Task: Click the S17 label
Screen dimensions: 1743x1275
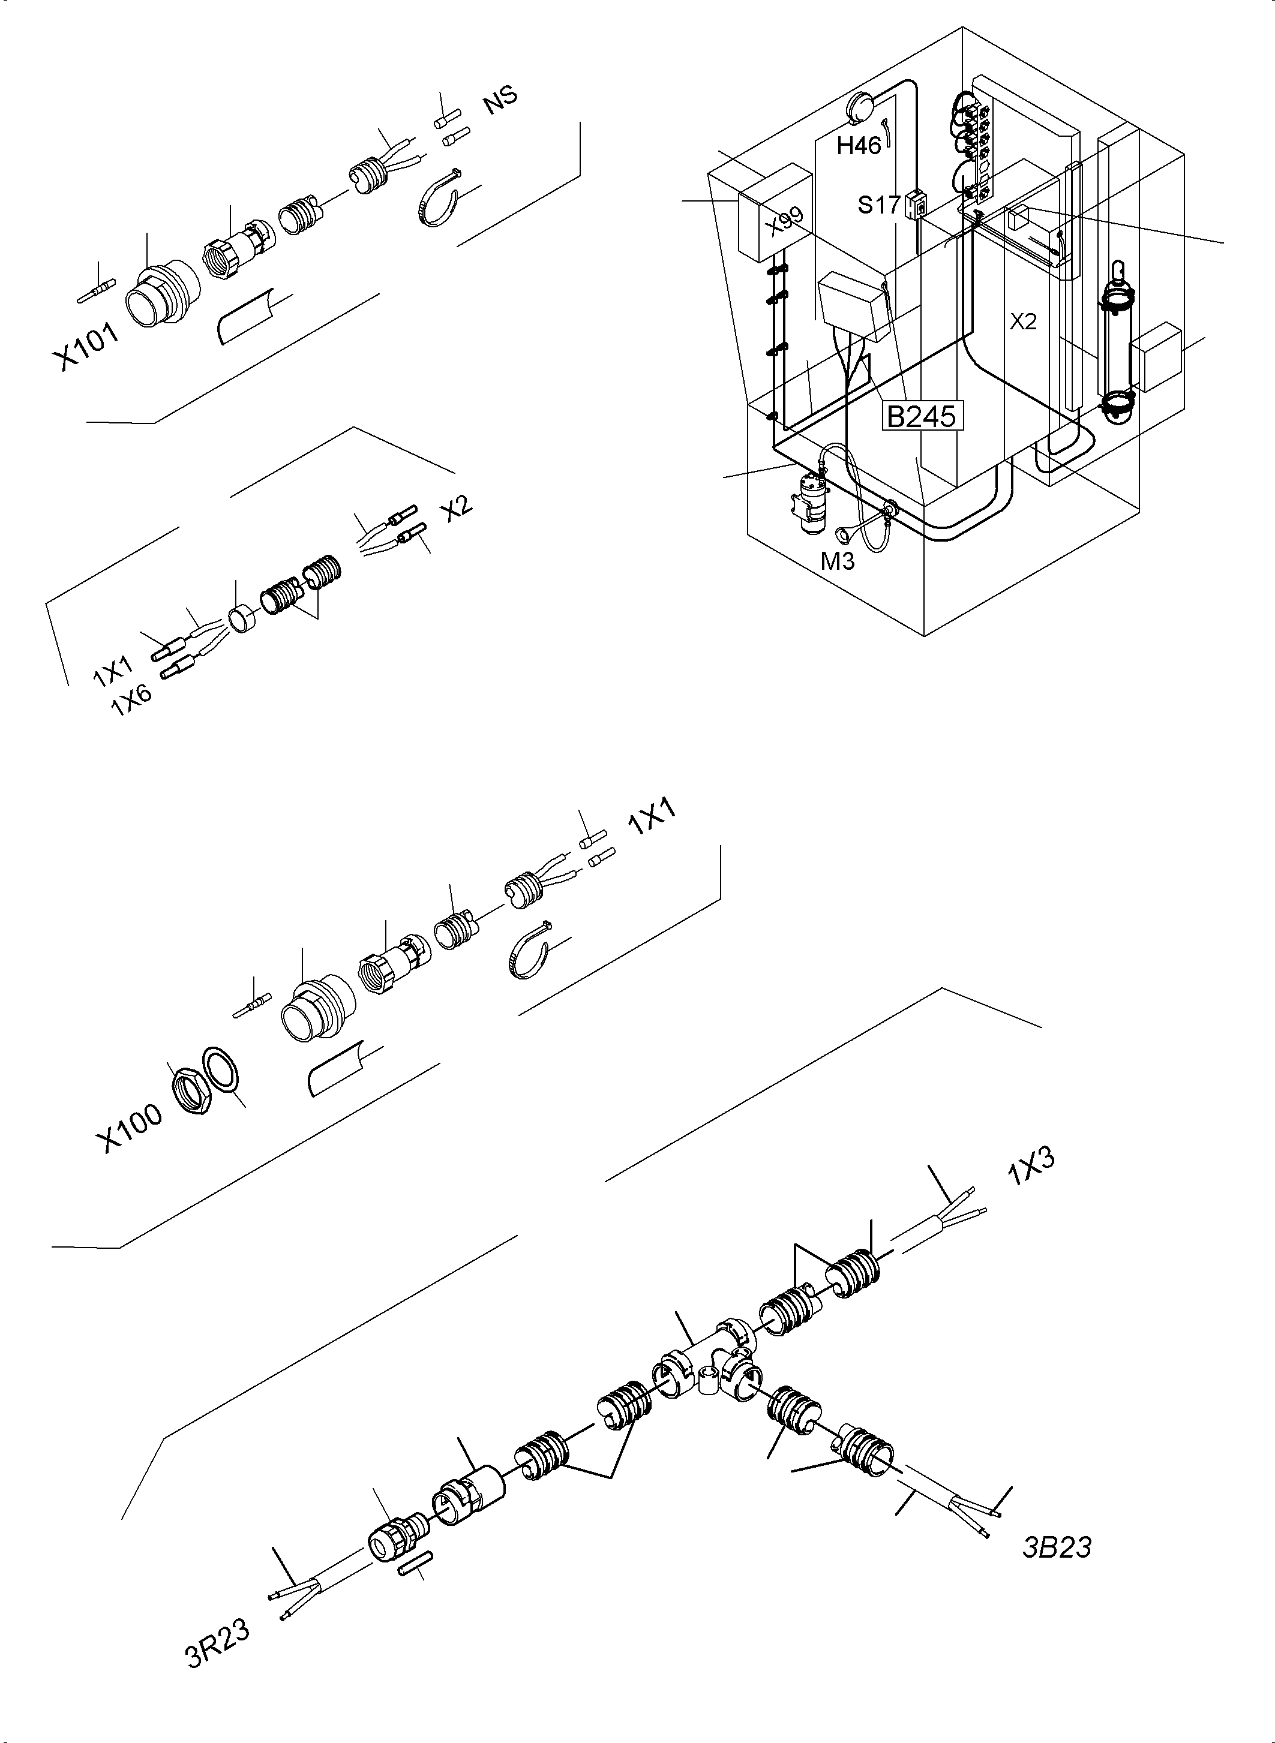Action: pos(879,205)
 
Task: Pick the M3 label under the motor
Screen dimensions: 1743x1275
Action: pos(838,561)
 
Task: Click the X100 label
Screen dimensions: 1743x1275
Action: pos(129,1127)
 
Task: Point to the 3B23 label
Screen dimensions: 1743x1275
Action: pos(1057,1547)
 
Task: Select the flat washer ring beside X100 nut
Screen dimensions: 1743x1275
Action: pos(220,1069)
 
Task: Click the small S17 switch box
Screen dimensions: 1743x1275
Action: pos(914,204)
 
